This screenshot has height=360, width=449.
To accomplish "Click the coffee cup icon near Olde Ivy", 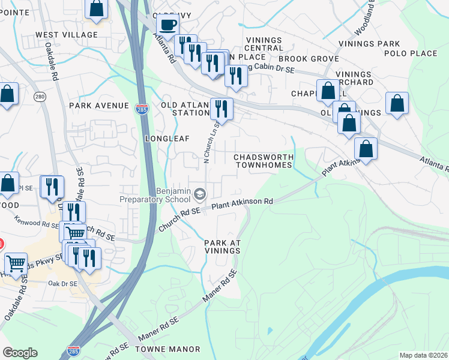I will (167, 25).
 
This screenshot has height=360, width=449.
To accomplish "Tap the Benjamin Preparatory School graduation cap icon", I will (200, 193).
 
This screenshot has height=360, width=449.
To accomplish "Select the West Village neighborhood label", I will (66, 35).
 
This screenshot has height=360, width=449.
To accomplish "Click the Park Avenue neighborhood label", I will (99, 106).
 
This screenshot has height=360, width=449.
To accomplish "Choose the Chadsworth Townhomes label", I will (264, 160).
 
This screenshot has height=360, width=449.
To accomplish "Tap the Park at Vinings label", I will (223, 246).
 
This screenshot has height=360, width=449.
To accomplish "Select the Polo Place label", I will (415, 53).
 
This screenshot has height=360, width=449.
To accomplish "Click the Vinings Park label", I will (369, 44).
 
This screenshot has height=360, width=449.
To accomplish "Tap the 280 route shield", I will (40, 97).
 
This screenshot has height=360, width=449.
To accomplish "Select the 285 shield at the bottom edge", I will (74, 349).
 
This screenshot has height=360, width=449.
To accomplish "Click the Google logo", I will (20, 353).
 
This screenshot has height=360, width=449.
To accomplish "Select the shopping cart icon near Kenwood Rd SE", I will (75, 232).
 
